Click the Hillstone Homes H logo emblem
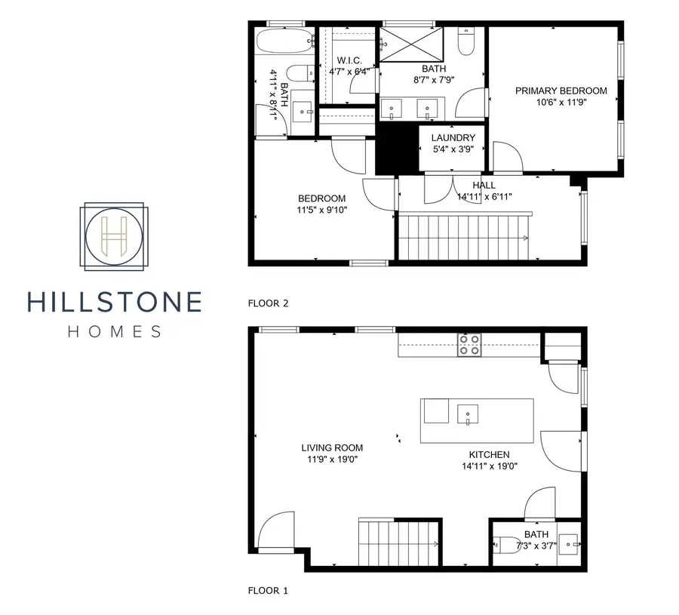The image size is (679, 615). (x=115, y=236)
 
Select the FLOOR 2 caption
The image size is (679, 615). (x=269, y=303)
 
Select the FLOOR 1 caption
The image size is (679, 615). (x=268, y=591)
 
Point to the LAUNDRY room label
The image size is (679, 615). (x=453, y=138)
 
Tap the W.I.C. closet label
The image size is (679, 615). (x=349, y=60)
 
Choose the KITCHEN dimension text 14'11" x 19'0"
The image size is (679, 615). (x=489, y=466)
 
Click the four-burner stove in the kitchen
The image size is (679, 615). (x=469, y=345)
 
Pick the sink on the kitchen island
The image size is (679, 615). (x=467, y=414)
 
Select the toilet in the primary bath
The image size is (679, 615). (x=466, y=42)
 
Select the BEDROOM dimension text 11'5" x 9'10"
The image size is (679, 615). (x=322, y=211)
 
